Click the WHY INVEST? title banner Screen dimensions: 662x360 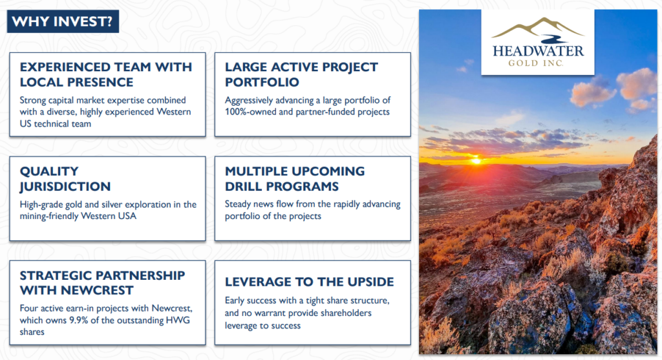pos(63,21)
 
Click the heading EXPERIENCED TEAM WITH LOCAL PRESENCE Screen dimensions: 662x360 pos(106,74)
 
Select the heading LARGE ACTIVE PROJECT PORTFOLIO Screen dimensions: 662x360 pos(301,74)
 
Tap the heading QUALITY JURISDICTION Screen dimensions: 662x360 pos(65,178)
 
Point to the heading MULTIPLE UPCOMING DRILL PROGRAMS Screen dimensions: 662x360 pos(295,178)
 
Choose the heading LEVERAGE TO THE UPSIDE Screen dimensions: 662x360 pos(310,282)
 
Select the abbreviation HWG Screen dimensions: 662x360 pos(179,320)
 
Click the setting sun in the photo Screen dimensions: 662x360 pos(476,160)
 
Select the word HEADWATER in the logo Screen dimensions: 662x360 pos(538,51)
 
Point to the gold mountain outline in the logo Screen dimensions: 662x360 pos(538,27)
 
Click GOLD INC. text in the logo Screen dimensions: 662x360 pos(536,63)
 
